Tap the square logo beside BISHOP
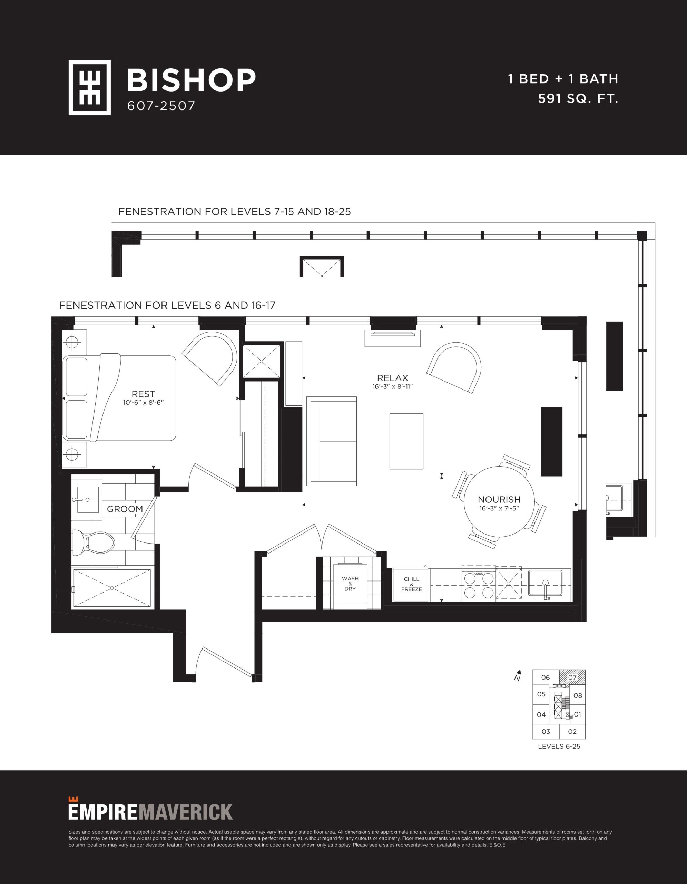[90, 87]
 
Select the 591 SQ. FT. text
[578, 98]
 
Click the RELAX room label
[393, 378]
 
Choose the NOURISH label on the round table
[499, 499]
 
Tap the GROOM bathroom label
[125, 509]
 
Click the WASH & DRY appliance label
[350, 584]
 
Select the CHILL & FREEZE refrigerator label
[412, 584]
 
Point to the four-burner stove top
[479, 585]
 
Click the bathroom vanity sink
[87, 499]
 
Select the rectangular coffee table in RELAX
[406, 441]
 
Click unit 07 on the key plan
[572, 677]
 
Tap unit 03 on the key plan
[546, 731]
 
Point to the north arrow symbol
[518, 675]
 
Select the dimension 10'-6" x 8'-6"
[143, 403]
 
